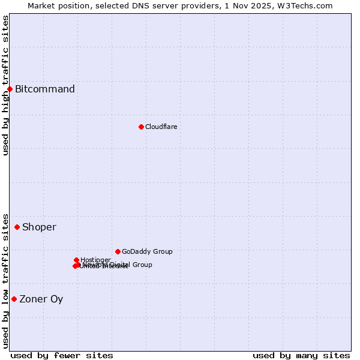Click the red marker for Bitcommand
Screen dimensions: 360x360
pos(10,89)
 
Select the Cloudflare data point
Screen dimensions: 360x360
pos(141,127)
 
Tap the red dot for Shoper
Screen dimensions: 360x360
pos(17,227)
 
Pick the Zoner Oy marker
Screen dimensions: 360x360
pos(14,299)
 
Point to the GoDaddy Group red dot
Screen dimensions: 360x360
pos(118,251)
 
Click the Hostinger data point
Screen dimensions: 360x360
pos(76,260)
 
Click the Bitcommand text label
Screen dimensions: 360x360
pos(45,89)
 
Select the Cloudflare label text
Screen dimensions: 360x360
pos(161,127)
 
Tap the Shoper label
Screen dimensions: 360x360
pos(39,227)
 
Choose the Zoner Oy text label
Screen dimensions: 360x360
pos(41,299)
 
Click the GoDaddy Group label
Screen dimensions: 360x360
pos(147,251)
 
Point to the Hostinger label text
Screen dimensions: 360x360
pos(95,260)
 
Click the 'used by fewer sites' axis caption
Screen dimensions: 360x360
pos(62,355)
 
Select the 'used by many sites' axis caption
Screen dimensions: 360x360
pos(301,355)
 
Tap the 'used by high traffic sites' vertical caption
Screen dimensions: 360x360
pos(5,85)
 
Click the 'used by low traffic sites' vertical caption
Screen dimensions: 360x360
pos(5,280)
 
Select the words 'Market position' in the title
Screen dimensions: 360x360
pos(56,5)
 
